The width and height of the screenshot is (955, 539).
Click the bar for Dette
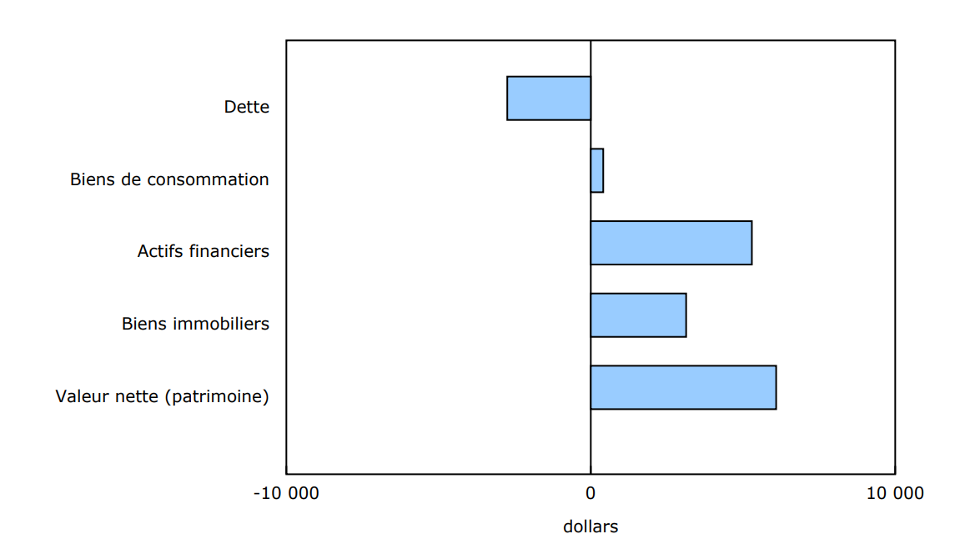(x=549, y=98)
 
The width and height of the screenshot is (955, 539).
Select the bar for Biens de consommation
(x=597, y=170)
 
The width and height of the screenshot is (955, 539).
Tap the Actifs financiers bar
(x=671, y=243)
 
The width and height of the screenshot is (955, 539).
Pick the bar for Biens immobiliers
(x=638, y=315)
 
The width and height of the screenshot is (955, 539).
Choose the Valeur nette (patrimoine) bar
(x=683, y=387)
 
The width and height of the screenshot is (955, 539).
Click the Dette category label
(x=247, y=107)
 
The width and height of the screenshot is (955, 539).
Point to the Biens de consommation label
(x=169, y=179)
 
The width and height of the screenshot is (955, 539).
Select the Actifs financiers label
(x=204, y=251)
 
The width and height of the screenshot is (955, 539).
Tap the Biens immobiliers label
(x=195, y=324)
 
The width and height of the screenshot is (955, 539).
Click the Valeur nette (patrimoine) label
(x=163, y=396)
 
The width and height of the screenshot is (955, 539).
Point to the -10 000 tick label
(x=286, y=493)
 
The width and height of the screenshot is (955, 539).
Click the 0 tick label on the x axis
(x=591, y=493)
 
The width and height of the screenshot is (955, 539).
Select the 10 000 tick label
(x=895, y=493)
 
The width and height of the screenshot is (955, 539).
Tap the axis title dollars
(x=591, y=527)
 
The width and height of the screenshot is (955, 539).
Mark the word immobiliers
(x=221, y=324)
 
